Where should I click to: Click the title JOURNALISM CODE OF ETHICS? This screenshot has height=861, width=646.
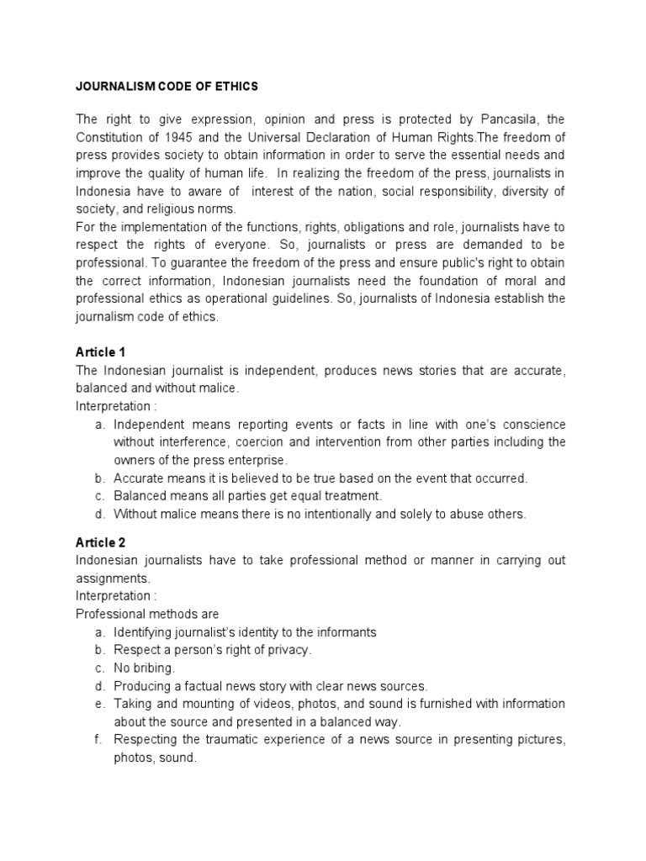(167, 87)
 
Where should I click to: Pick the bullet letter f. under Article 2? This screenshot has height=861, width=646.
(98, 739)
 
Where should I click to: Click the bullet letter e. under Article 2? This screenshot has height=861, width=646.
(98, 703)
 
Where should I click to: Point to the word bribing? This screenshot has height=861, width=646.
(154, 668)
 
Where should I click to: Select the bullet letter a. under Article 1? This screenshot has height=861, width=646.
(98, 424)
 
